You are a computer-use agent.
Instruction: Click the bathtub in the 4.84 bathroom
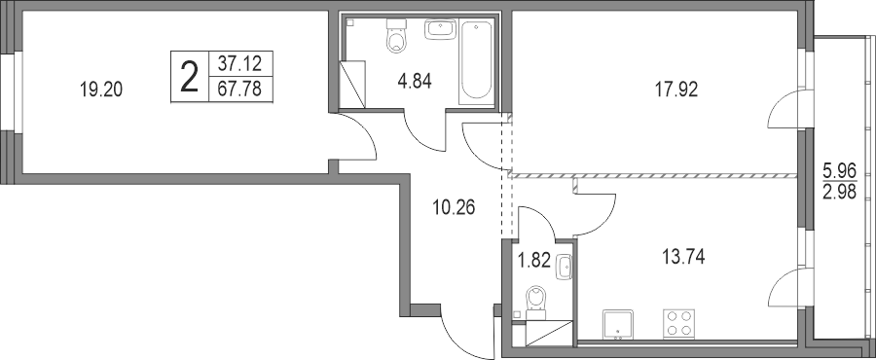coord(476,60)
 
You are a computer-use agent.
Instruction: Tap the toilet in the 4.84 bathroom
coord(396,36)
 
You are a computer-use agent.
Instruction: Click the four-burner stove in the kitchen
coord(678,323)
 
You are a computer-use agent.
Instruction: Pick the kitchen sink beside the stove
coord(618,323)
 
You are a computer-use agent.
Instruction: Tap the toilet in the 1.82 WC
coord(536,302)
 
